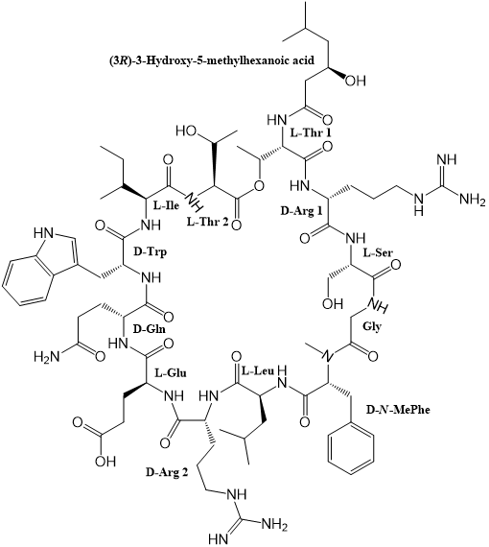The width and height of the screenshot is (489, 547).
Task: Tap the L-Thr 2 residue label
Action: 207,222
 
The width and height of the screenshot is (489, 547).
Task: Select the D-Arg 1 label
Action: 301,211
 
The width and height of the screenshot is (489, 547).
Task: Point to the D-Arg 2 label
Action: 167,473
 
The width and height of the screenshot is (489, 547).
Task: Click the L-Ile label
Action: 166,205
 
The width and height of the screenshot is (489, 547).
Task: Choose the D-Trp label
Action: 151,251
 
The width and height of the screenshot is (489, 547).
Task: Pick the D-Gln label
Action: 150,328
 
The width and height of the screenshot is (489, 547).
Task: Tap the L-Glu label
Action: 171,373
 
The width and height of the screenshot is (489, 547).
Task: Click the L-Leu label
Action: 258,371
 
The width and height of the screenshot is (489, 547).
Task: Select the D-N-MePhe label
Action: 398,409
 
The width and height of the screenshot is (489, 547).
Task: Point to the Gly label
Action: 372,327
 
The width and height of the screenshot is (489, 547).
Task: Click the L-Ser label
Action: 378,252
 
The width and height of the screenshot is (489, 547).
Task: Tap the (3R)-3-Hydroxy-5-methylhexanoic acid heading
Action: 211,60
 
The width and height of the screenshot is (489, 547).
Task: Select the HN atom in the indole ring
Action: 44,233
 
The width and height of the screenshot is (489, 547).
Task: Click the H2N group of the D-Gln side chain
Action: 46,356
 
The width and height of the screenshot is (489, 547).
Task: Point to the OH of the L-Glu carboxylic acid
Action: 105,462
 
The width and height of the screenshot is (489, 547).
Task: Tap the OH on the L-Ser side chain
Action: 333,303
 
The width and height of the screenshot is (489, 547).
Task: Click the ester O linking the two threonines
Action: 258,185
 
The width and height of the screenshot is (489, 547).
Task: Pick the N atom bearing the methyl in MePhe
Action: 328,356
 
